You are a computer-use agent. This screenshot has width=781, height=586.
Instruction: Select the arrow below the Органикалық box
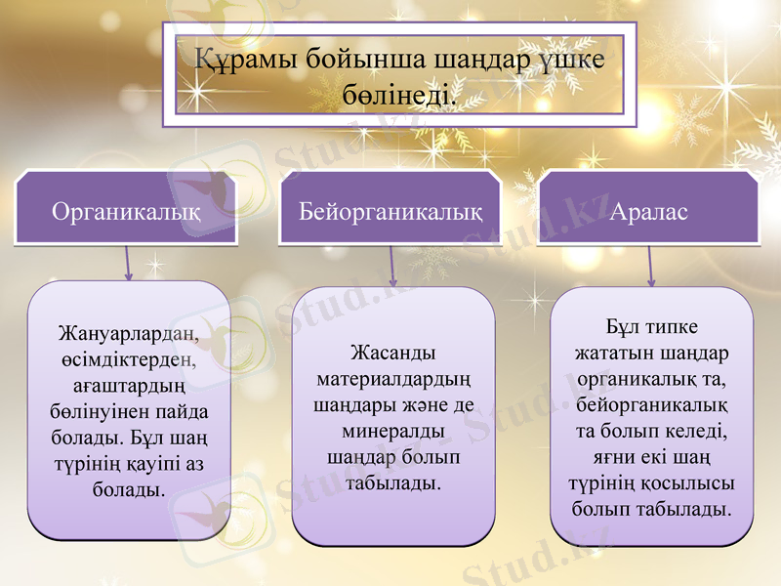(x=128, y=264)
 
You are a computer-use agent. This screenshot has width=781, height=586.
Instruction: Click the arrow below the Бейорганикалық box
(x=392, y=266)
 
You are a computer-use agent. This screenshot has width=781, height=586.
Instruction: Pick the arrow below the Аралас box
(x=650, y=266)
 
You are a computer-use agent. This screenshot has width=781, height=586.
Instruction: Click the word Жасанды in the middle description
(x=392, y=353)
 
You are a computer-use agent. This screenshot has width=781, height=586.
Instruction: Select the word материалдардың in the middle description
(x=392, y=378)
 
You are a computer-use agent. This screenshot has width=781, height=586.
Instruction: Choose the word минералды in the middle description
(x=392, y=430)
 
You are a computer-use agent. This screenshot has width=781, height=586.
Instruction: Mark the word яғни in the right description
(x=614, y=456)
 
